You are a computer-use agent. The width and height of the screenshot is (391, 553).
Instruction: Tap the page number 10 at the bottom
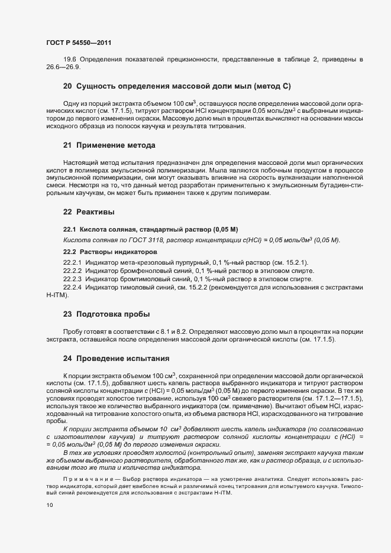(49, 505)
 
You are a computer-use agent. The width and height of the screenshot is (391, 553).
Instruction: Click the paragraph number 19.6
(70, 60)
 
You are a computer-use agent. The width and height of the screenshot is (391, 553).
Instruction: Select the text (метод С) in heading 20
(273, 86)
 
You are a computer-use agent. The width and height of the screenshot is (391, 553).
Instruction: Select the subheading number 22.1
(70, 229)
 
